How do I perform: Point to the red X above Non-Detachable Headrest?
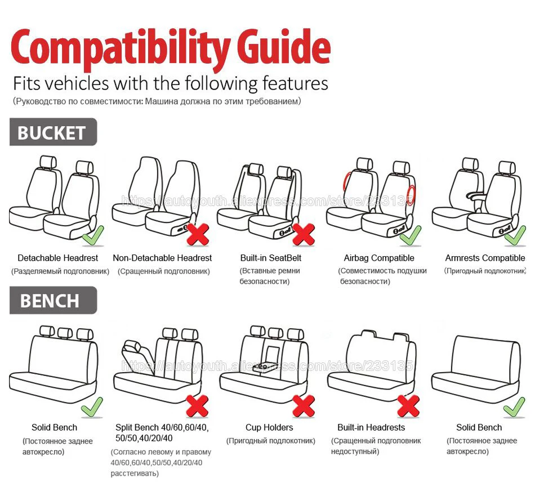pyautogui.click(x=198, y=234)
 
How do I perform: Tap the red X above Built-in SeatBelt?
pyautogui.click(x=304, y=234)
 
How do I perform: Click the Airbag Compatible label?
pyautogui.click(x=379, y=258)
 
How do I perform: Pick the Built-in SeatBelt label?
pyautogui.click(x=271, y=258)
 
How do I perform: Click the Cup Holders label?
pyautogui.click(x=269, y=427)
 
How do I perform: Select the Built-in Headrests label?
pyautogui.click(x=371, y=427)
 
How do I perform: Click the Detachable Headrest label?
pyautogui.click(x=57, y=258)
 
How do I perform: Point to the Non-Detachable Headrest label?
pyautogui.click(x=162, y=258)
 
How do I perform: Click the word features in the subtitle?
pyautogui.click(x=296, y=83)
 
